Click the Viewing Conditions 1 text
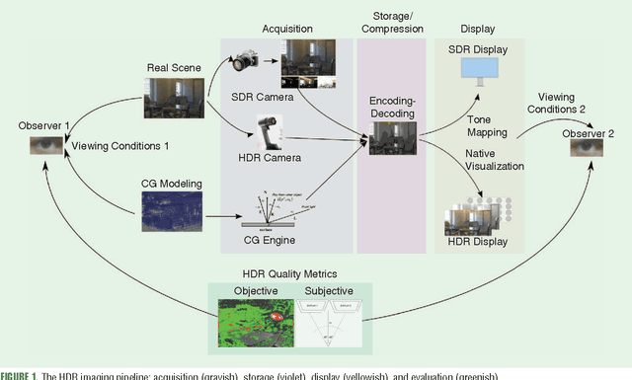click(x=120, y=146)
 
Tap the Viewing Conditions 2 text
click(x=560, y=104)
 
